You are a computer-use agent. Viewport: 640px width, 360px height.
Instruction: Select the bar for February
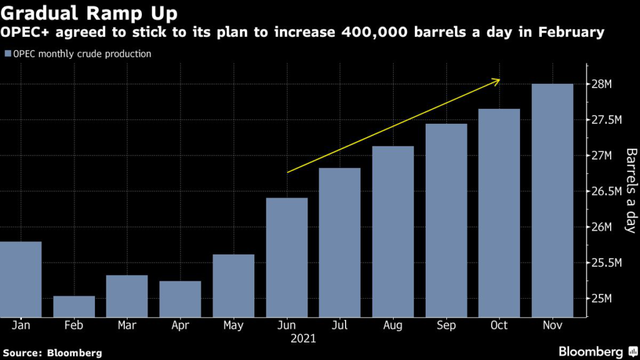click(74, 306)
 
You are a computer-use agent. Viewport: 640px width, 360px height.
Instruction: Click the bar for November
click(552, 200)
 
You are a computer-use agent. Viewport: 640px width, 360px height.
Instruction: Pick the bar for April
click(180, 299)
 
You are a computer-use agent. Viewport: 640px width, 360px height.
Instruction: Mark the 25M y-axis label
click(603, 298)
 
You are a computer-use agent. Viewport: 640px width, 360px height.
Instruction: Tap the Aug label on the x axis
click(392, 326)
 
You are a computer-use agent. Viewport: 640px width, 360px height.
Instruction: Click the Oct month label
click(499, 326)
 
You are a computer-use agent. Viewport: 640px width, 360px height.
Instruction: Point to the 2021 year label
click(303, 339)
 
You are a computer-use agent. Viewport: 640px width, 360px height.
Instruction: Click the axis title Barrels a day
click(630, 191)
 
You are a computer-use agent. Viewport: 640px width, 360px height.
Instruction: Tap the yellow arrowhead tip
click(500, 79)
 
